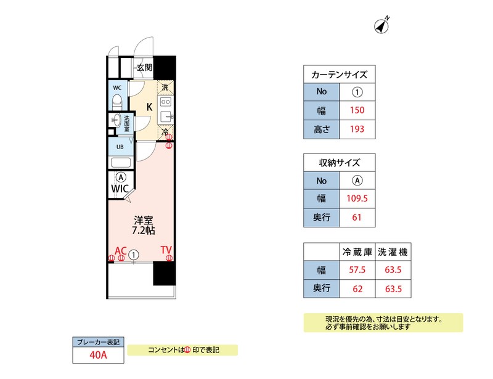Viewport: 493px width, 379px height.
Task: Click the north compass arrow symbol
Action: [382, 26]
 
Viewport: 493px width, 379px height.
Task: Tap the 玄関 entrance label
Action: [144, 67]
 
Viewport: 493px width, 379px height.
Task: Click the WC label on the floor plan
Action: [116, 88]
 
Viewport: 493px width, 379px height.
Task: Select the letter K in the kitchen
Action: [149, 106]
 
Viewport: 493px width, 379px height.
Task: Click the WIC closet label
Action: [120, 189]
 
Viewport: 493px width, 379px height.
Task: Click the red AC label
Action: [121, 250]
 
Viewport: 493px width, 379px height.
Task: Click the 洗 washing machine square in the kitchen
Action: [165, 88]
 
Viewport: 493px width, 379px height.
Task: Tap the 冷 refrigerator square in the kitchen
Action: [165, 132]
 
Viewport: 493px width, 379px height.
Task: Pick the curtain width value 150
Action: [357, 111]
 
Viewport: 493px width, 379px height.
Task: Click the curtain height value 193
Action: [357, 129]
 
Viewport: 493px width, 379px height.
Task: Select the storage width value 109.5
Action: [357, 199]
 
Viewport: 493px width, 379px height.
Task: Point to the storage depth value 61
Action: [357, 218]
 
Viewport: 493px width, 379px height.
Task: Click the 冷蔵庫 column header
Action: [357, 251]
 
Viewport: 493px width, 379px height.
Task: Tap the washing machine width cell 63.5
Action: [393, 270]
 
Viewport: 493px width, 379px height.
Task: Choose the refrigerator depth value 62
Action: [357, 288]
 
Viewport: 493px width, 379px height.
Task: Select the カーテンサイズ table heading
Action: [340, 75]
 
